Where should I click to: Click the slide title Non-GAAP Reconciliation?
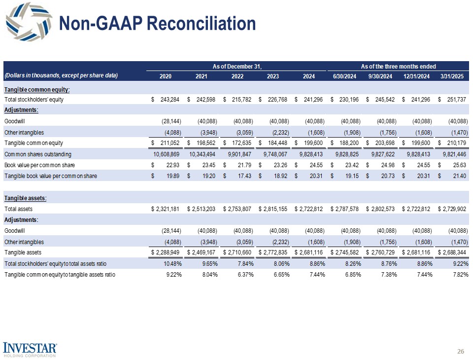pos(157,24)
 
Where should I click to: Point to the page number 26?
pos(461,351)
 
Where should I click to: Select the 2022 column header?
pos(237,76)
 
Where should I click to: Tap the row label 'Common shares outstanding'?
pos(35,154)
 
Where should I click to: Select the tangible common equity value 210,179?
pos(456,143)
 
